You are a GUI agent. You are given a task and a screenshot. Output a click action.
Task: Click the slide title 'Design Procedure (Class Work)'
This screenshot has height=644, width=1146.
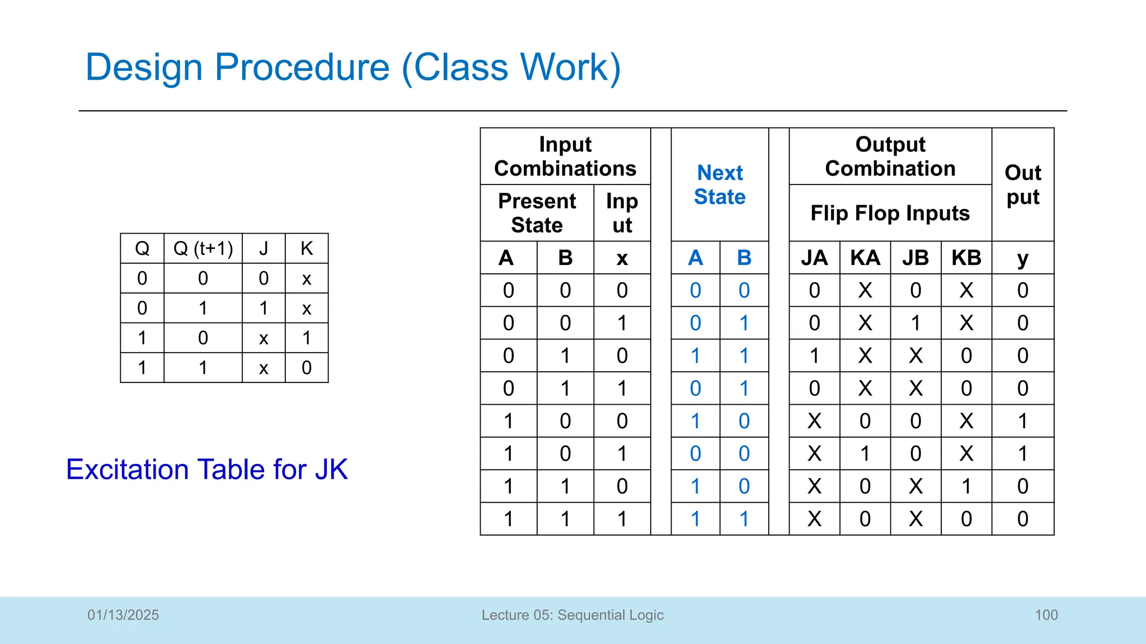(353, 68)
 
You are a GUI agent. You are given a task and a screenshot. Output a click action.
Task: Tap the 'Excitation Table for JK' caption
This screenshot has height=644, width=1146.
(206, 469)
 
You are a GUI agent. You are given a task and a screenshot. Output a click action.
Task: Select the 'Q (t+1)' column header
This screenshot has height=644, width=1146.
(203, 248)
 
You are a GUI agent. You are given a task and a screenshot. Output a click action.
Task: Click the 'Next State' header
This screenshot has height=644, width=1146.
(720, 184)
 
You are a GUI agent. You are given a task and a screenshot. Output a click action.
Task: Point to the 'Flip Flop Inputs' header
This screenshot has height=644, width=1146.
(890, 213)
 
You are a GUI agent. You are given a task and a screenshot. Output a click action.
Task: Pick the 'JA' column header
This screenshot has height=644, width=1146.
(814, 258)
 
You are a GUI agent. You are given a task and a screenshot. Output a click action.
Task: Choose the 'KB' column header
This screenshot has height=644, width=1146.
(966, 258)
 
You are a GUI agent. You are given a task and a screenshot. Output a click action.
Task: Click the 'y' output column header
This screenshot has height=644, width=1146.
(1022, 258)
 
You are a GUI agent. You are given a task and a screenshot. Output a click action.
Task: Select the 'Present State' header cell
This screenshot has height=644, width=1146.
(537, 213)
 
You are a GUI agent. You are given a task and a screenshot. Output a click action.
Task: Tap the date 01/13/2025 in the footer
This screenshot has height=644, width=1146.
(123, 615)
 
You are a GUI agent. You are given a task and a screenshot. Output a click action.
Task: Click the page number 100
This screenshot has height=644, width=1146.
(1046, 615)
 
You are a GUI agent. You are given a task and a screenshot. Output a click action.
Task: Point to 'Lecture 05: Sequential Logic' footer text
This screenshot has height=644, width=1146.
(572, 615)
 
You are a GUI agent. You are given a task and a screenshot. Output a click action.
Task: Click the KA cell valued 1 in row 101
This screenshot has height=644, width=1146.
(865, 453)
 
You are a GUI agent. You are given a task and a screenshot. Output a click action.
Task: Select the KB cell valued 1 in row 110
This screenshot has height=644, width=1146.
(966, 486)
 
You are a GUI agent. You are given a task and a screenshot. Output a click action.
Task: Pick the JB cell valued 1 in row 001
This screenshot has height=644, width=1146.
(915, 323)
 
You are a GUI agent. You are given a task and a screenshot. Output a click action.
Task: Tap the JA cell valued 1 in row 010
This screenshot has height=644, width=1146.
(814, 356)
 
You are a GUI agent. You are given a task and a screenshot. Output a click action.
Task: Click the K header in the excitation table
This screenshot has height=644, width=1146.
(306, 248)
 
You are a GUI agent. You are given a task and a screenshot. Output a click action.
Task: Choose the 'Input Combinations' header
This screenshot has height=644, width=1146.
(565, 157)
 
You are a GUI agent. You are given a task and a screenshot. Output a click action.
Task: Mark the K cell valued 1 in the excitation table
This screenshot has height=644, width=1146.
(306, 338)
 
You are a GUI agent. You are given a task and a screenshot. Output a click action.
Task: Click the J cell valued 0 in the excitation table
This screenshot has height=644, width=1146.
(264, 278)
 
